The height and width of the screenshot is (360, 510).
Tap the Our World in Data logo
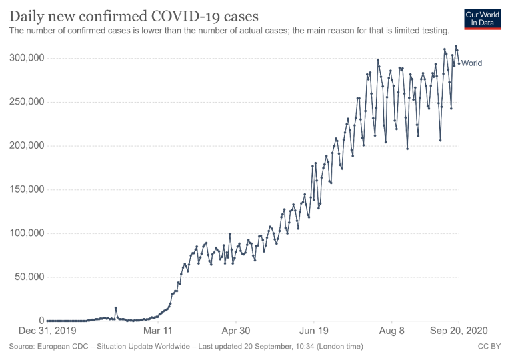point(482,18)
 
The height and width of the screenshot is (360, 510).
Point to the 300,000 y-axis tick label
point(26,58)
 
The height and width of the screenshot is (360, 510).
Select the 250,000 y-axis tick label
point(26,102)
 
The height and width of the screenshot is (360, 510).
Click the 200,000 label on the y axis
point(26,145)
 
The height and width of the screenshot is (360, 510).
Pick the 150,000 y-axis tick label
point(26,189)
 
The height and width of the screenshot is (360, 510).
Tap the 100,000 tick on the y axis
point(26,233)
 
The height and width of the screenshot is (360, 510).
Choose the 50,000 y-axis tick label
point(29,277)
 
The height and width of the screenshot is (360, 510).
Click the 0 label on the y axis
point(41,321)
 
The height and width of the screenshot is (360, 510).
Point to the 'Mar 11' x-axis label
point(158,330)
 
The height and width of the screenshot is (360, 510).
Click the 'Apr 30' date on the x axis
point(235,330)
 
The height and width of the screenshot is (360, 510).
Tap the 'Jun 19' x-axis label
point(314,330)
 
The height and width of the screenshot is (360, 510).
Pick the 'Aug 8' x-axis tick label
point(392,330)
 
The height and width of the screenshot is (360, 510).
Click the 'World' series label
point(471,63)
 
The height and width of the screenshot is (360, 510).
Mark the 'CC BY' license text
point(489,347)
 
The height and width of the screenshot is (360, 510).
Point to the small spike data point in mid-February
point(116,308)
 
